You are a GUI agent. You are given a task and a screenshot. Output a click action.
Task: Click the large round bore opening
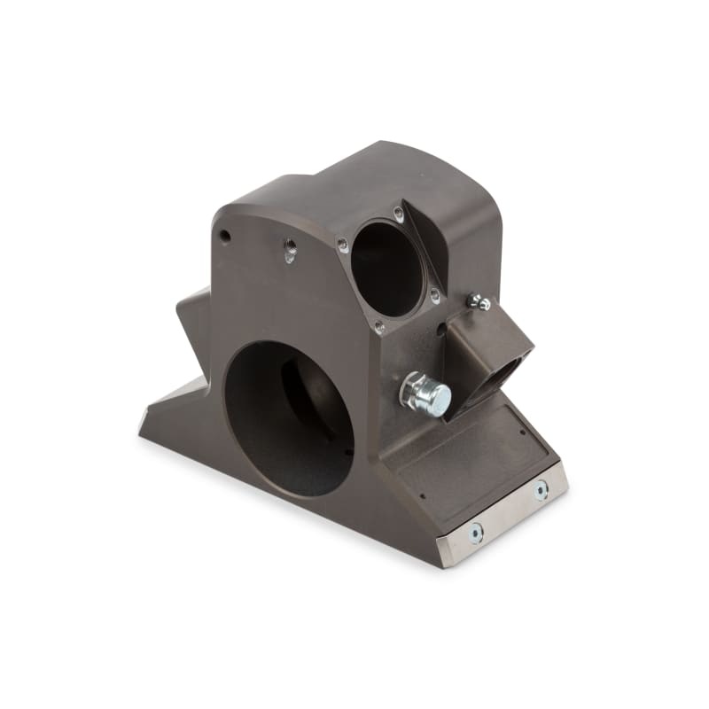[288, 417]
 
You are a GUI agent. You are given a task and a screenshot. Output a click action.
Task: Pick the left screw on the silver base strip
[476, 533]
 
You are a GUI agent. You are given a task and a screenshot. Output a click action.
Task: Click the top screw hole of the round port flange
[399, 214]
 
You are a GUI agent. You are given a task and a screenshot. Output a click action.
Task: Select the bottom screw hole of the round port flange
[379, 327]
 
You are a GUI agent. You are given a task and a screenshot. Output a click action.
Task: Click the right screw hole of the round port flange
[435, 297]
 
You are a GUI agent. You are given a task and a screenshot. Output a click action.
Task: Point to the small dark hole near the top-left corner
[225, 237]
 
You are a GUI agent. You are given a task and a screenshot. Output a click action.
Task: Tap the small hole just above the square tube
[440, 331]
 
